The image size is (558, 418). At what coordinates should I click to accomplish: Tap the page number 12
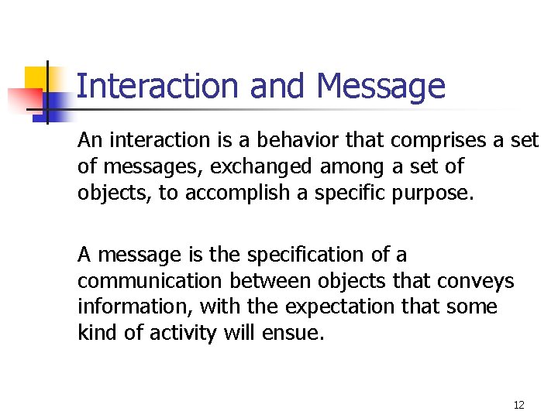coord(518,405)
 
